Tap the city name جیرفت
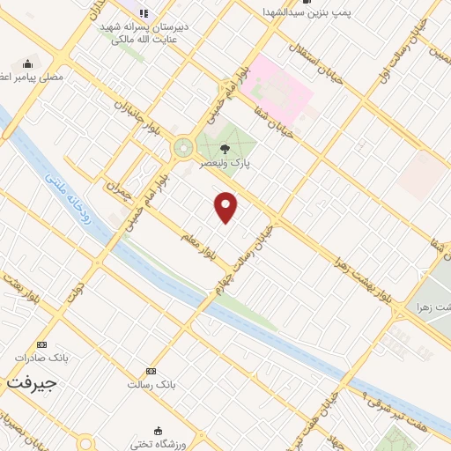pos(32,384)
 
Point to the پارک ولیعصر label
pos(235,164)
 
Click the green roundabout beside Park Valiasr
pos(183,148)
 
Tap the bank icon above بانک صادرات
pos(41,344)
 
